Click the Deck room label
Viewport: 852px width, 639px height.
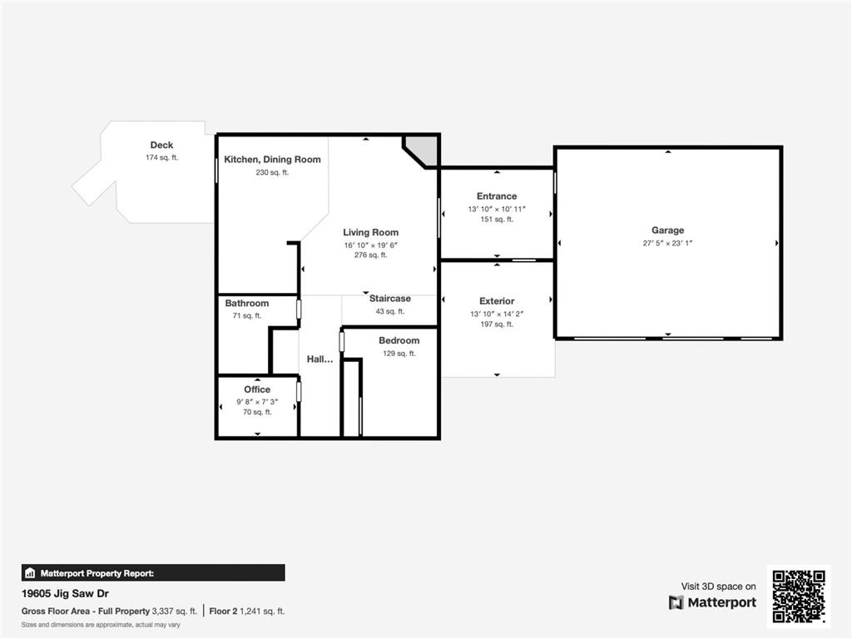(162, 145)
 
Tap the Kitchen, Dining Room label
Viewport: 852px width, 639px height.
(272, 160)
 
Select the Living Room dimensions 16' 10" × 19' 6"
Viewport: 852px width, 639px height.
(370, 245)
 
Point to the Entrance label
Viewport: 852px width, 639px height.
(497, 196)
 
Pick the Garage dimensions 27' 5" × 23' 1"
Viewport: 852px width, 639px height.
(667, 244)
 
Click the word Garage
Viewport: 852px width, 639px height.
(668, 230)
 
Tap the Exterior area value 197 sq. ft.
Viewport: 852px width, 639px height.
(497, 324)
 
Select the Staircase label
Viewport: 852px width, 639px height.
(390, 299)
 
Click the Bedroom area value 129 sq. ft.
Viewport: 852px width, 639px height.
(399, 354)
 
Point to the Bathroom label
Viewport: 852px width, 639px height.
(246, 303)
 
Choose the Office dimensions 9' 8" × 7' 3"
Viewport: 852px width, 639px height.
(257, 402)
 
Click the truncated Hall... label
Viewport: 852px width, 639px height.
(319, 359)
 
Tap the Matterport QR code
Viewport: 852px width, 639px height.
(799, 596)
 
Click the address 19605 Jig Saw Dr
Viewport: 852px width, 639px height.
(65, 594)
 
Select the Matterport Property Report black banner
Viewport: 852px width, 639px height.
(153, 573)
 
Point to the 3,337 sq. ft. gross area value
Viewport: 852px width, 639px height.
(175, 612)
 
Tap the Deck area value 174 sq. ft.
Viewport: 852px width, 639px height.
(162, 158)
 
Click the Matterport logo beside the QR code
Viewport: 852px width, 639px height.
(712, 602)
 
